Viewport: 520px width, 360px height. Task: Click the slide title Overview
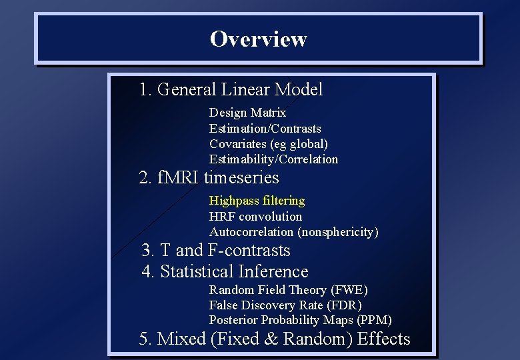point(258,39)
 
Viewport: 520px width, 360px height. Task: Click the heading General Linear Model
point(231,89)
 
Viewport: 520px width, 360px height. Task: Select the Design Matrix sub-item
point(247,113)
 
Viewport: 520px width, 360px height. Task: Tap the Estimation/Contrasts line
point(265,128)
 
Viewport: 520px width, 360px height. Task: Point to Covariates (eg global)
point(268,143)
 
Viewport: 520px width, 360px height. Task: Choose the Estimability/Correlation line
point(273,159)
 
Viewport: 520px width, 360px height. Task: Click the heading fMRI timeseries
point(209,178)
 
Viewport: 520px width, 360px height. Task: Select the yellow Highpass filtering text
point(257,201)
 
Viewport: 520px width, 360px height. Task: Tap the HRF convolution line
point(255,217)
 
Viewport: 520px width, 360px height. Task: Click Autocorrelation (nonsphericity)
point(293,232)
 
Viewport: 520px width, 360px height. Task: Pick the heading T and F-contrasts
point(216,251)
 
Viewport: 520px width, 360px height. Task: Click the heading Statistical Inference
point(225,272)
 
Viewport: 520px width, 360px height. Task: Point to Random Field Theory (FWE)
point(288,289)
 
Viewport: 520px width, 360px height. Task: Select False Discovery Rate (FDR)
point(285,305)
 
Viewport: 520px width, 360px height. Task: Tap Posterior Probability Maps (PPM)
point(300,320)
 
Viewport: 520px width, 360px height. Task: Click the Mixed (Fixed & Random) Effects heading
point(275,339)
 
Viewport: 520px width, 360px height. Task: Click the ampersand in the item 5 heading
point(271,339)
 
